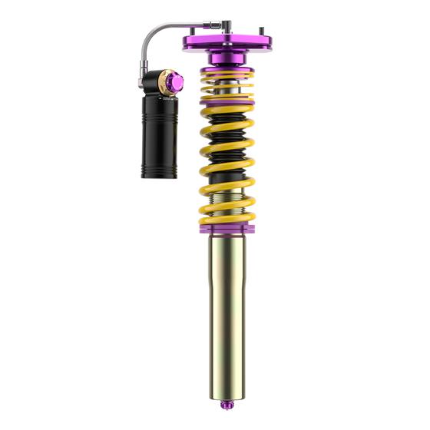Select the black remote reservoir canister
[159, 138]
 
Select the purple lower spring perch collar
[227, 226]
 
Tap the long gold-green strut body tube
[227, 307]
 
